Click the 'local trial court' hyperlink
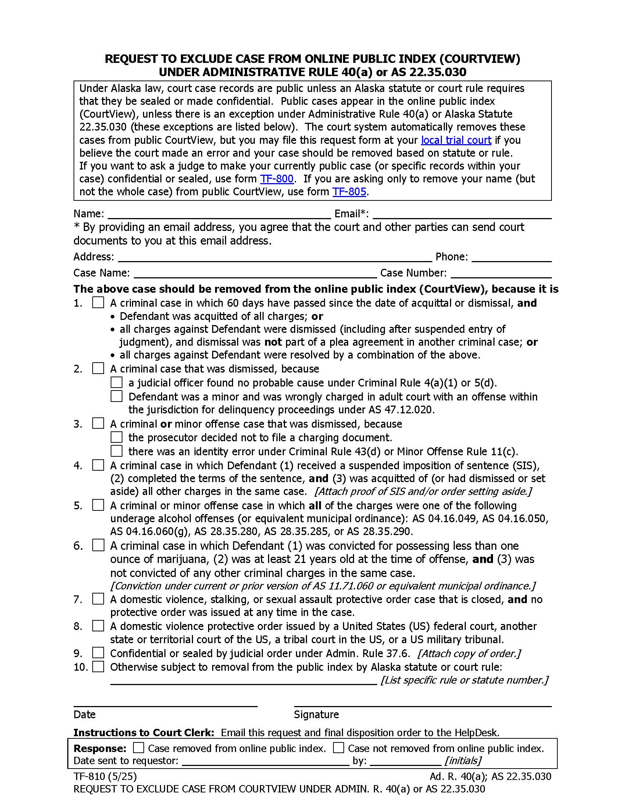pyautogui.click(x=456, y=140)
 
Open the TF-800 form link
pyautogui.click(x=276, y=179)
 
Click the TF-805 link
pyautogui.click(x=349, y=192)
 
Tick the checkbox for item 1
pyautogui.click(x=98, y=303)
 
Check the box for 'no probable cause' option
pyautogui.click(x=116, y=382)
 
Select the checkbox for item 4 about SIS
pyautogui.click(x=98, y=465)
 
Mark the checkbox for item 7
pyautogui.click(x=98, y=599)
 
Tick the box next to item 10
pyautogui.click(x=98, y=667)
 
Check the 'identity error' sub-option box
pyautogui.click(x=116, y=451)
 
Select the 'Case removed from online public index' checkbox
pyautogui.click(x=139, y=748)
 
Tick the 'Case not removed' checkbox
pyautogui.click(x=338, y=748)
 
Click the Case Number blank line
pyautogui.click(x=501, y=274)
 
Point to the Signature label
pyautogui.click(x=316, y=714)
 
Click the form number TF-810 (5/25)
pyautogui.click(x=105, y=776)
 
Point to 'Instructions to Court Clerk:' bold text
pyautogui.click(x=144, y=733)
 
